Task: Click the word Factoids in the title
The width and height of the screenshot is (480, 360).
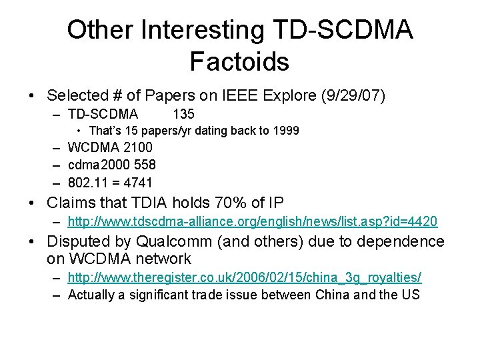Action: point(239,61)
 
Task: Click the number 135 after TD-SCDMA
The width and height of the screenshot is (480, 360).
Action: point(183,114)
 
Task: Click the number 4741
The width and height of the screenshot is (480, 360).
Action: point(138,182)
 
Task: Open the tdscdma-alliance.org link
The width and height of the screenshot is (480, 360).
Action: point(253,221)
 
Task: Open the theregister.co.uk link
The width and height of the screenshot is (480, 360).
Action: point(245,277)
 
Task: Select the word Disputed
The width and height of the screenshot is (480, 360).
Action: point(76,241)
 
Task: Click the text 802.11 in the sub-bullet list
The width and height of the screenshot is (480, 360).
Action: point(88,182)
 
